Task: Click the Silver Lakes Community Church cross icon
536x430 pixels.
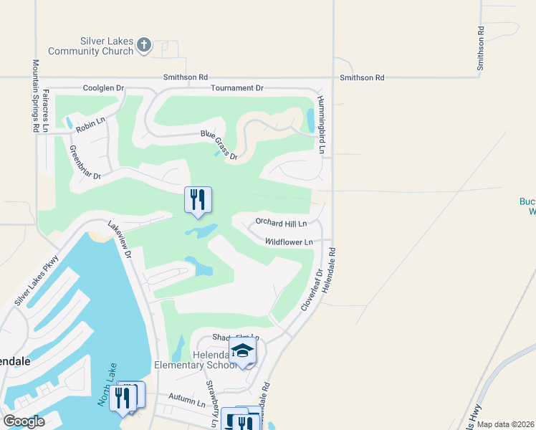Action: coord(144,45)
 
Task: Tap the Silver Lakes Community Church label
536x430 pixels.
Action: coord(91,46)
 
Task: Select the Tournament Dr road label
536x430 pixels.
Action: coord(237,88)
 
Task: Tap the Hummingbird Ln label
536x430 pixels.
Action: coord(322,125)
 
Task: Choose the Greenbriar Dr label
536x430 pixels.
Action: coord(85,162)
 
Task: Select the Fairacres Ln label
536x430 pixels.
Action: coord(46,110)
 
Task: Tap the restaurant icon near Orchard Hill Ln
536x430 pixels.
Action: coord(198,199)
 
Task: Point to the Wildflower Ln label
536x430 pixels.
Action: coord(289,242)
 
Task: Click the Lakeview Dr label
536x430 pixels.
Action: coord(120,239)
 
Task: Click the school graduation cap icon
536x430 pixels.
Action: coord(242,351)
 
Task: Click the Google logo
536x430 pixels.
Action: coord(24,421)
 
